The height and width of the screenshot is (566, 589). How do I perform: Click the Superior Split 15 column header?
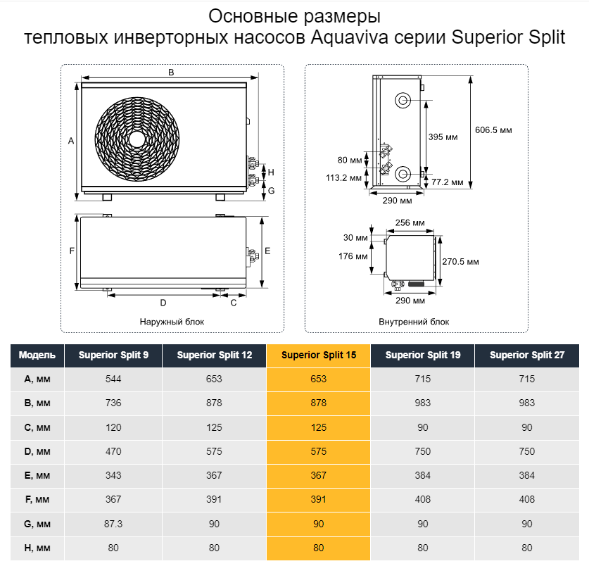318,356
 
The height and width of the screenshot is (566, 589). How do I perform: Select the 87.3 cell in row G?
113,523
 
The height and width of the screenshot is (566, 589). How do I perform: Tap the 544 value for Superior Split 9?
113,379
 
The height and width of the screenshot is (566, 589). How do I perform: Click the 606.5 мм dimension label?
494,130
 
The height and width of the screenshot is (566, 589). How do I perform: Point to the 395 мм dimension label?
443,137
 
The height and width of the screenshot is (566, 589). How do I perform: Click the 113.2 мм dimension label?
344,177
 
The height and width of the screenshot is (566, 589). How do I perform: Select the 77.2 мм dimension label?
448,182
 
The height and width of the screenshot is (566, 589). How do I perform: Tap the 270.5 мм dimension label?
460,262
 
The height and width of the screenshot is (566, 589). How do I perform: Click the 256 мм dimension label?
410,223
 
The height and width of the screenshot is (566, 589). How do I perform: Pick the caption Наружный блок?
172,321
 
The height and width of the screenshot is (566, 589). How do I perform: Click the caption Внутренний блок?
414,321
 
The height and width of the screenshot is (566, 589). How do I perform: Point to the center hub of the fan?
137,138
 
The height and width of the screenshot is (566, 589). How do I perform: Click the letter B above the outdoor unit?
171,72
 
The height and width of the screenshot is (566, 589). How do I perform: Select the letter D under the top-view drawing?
163,303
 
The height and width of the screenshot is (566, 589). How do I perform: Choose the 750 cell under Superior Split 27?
526,451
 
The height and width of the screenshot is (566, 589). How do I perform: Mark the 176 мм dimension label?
353,256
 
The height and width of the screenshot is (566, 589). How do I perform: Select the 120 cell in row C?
113,427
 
